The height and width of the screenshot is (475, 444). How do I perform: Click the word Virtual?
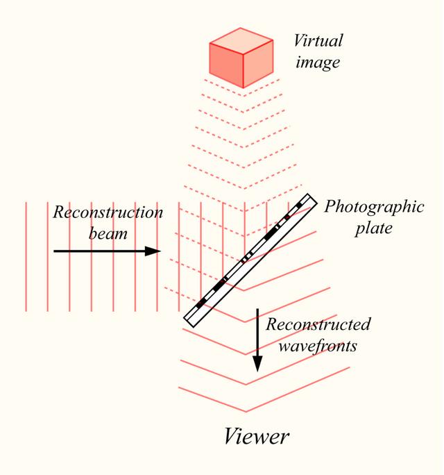(x=318, y=40)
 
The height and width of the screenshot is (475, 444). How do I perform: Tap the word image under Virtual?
(x=316, y=62)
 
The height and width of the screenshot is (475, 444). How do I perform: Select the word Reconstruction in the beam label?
(x=108, y=212)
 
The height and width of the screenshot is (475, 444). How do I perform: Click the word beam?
(x=108, y=234)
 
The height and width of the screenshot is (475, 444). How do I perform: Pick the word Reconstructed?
(x=318, y=324)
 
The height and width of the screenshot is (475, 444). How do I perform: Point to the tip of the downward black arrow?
(x=257, y=370)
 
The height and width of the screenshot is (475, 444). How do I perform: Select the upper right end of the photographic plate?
(x=311, y=200)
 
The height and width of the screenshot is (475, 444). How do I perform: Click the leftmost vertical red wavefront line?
(x=26, y=256)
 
